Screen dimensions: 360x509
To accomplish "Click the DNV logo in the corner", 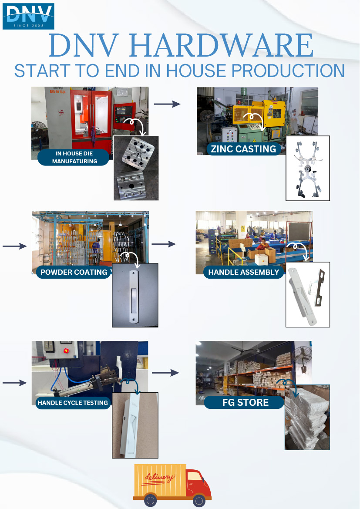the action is coord(28,16).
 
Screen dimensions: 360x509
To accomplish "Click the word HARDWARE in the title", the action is coord(222,45).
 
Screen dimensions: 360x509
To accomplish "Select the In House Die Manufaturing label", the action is coord(74,158).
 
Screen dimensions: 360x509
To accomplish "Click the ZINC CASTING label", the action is coord(243,149).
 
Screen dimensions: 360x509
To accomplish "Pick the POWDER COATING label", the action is coord(74,272).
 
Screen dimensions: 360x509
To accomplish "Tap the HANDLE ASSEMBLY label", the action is coord(243,272).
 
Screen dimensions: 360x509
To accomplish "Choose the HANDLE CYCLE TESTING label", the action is coord(73,403).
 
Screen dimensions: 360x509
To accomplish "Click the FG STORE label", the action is coord(245,402).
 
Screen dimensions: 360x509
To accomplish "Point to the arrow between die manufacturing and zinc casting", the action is coord(167,104).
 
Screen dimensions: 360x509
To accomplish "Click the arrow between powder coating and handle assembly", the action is coord(164,244).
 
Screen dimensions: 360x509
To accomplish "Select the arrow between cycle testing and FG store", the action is coord(165,373).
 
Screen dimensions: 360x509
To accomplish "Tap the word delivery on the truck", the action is coord(159,478).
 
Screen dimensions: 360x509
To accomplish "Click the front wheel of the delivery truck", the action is coord(199,500).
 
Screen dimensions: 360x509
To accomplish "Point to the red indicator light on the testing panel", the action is coord(66,351).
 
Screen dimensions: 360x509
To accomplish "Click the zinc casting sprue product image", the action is coord(307,168).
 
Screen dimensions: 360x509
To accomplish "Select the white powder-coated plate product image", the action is coord(135,295).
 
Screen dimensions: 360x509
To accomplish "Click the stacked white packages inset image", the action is coord(307,417).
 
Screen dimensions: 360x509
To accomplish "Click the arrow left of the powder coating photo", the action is coord(15,246).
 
